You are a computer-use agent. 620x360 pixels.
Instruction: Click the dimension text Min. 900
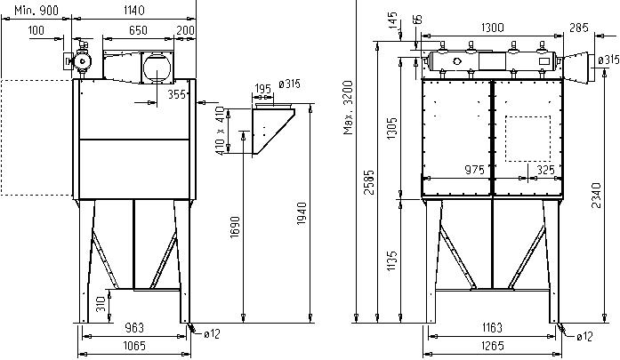pyautogui.click(x=36, y=11)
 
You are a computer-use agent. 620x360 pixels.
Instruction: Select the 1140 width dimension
pyautogui.click(x=134, y=11)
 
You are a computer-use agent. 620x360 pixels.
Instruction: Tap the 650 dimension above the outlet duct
pyautogui.click(x=138, y=30)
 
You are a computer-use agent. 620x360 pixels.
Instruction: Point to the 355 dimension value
pyautogui.click(x=176, y=94)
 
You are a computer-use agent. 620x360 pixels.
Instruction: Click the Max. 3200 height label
pyautogui.click(x=348, y=108)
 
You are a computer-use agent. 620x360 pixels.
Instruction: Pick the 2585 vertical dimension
pyautogui.click(x=369, y=182)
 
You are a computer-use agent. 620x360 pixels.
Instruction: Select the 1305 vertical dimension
pyautogui.click(x=392, y=128)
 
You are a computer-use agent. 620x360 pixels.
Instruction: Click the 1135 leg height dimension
pyautogui.click(x=392, y=260)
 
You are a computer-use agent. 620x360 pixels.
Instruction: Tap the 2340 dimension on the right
pyautogui.click(x=596, y=196)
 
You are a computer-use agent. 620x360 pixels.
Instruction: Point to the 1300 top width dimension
pyautogui.click(x=492, y=28)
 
